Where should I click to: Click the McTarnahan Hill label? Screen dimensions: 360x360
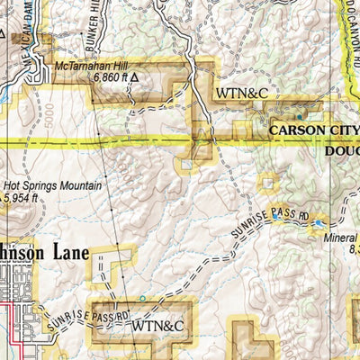click(x=92, y=66)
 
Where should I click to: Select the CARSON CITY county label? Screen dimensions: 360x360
click(x=314, y=130)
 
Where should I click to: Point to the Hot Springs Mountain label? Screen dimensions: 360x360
click(x=53, y=186)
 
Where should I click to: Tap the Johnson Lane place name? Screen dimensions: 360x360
click(x=45, y=254)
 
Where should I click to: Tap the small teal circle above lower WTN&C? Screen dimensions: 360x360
click(x=141, y=298)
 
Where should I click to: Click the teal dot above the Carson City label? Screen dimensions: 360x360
click(x=300, y=116)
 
